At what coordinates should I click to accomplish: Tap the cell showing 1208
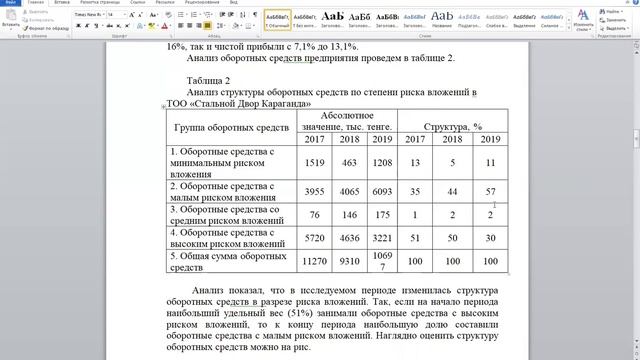(x=381, y=162)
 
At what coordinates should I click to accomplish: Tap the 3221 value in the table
(x=381, y=239)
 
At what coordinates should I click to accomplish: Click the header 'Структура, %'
(x=453, y=128)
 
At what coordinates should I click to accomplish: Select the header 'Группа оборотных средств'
(x=231, y=128)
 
